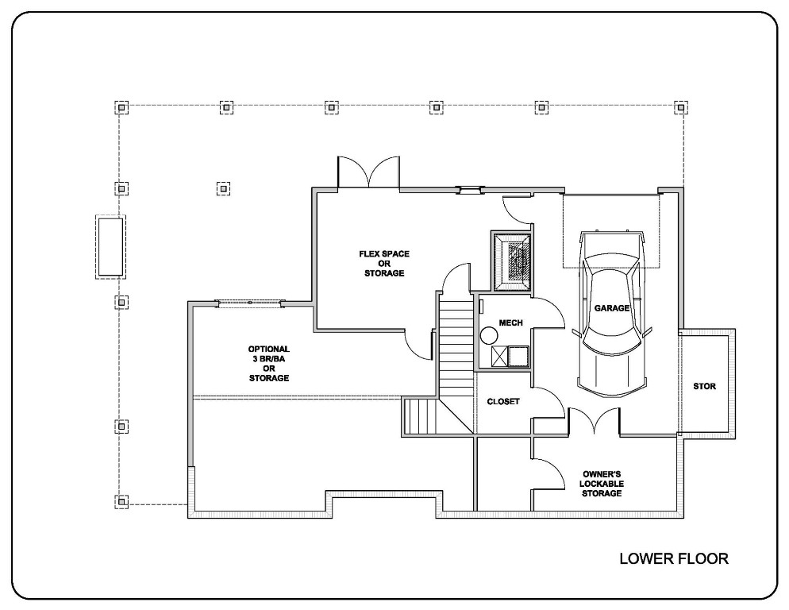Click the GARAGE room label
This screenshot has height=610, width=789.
tap(611, 307)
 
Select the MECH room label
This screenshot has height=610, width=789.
tap(509, 323)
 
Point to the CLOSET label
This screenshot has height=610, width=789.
tap(503, 402)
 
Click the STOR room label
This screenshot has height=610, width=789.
tap(704, 387)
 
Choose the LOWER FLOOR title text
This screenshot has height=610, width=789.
tap(673, 559)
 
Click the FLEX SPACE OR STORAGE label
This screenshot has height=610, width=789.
tap(385, 263)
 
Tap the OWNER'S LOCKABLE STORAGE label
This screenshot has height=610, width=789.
tap(600, 483)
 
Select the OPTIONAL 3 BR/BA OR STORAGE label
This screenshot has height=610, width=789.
tap(268, 363)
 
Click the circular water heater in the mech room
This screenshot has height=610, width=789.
tap(487, 336)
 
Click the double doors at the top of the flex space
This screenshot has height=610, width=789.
tap(368, 172)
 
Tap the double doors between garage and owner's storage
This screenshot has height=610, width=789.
tap(592, 421)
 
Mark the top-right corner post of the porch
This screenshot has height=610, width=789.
tap(680, 106)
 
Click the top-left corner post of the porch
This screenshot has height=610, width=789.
tap(121, 106)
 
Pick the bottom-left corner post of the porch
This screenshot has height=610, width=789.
tap(121, 501)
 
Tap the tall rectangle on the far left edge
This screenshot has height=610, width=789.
tap(110, 246)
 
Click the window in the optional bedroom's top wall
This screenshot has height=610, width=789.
tap(250, 303)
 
